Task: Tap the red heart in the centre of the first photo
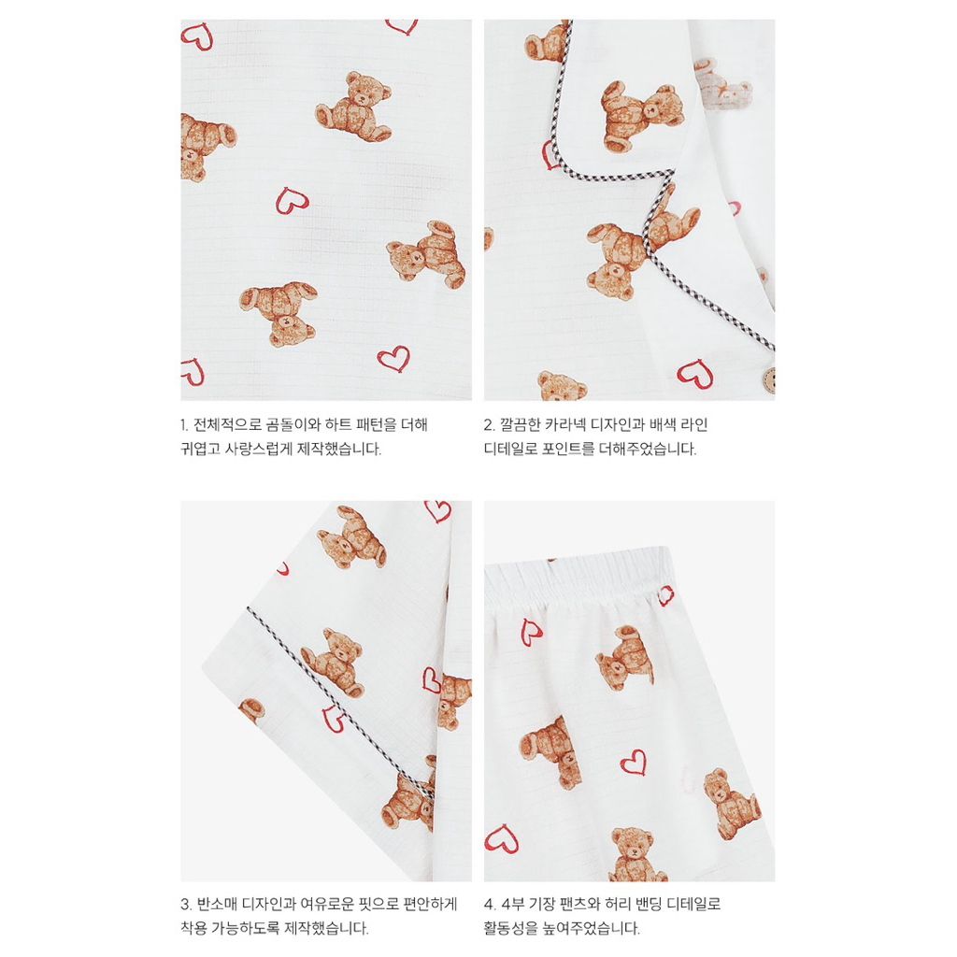[x=292, y=200]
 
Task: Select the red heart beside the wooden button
[x=695, y=373]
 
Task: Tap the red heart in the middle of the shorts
[x=634, y=763]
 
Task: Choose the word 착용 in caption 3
[x=194, y=928]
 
